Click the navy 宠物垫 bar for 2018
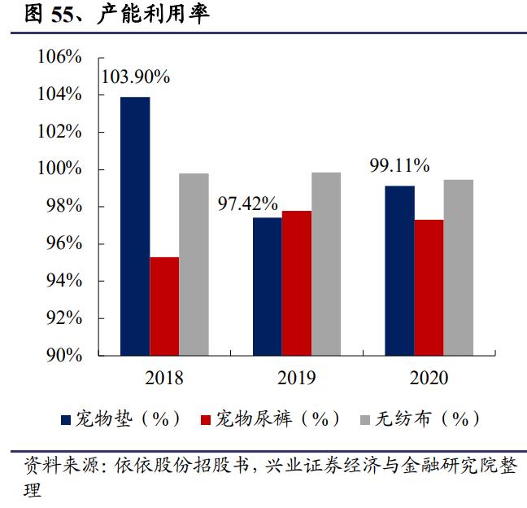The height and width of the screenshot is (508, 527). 135,226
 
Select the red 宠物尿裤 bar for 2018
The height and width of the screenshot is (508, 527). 164,306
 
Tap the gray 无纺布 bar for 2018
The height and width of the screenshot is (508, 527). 194,265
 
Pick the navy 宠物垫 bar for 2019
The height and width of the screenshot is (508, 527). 267,287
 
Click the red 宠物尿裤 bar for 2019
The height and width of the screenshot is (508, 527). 296,283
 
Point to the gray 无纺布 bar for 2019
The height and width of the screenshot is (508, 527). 325,264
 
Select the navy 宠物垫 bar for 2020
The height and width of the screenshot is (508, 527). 399,271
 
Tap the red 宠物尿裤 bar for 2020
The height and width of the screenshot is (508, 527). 429,287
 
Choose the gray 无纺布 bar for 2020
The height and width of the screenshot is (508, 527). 458,268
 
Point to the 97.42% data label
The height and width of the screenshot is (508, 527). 247,203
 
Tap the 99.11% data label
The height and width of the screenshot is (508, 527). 399,166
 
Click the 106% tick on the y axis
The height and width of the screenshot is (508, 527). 59,58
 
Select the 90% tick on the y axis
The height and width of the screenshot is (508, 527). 63,356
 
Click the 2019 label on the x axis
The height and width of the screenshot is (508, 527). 296,377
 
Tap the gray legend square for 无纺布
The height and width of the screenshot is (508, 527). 365,420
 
